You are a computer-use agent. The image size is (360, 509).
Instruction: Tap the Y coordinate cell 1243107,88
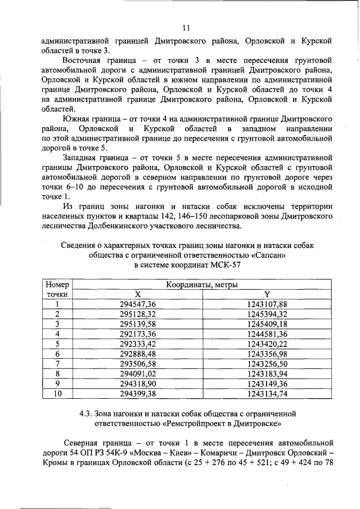267,304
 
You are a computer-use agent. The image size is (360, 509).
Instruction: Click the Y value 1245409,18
267,324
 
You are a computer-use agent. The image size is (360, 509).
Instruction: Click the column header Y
267,294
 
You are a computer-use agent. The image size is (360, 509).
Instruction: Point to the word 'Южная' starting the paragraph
75,118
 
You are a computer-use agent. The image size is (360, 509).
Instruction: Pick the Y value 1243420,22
267,344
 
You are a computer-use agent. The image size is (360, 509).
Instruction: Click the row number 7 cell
57,363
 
